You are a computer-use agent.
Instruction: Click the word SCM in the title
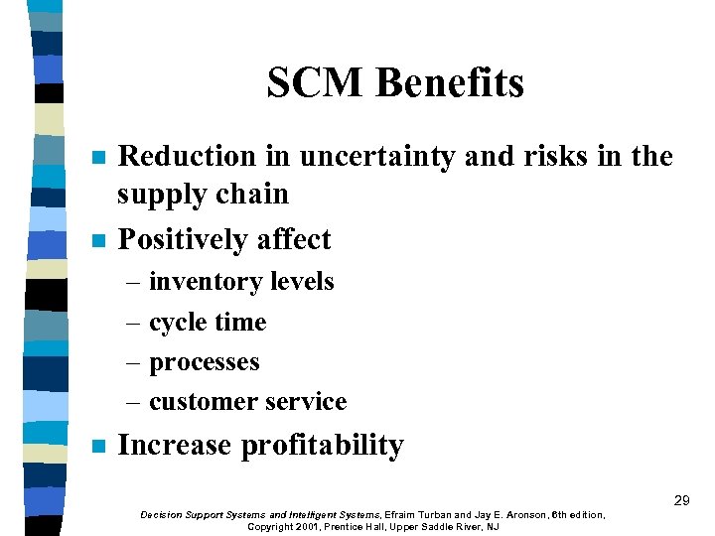[310, 83]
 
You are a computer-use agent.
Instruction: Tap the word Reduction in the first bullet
[187, 156]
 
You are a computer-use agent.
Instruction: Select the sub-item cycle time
[208, 323]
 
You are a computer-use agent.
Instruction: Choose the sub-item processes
[205, 362]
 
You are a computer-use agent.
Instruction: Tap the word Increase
[175, 446]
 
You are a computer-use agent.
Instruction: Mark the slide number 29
[681, 500]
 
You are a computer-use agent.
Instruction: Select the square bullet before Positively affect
[97, 241]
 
